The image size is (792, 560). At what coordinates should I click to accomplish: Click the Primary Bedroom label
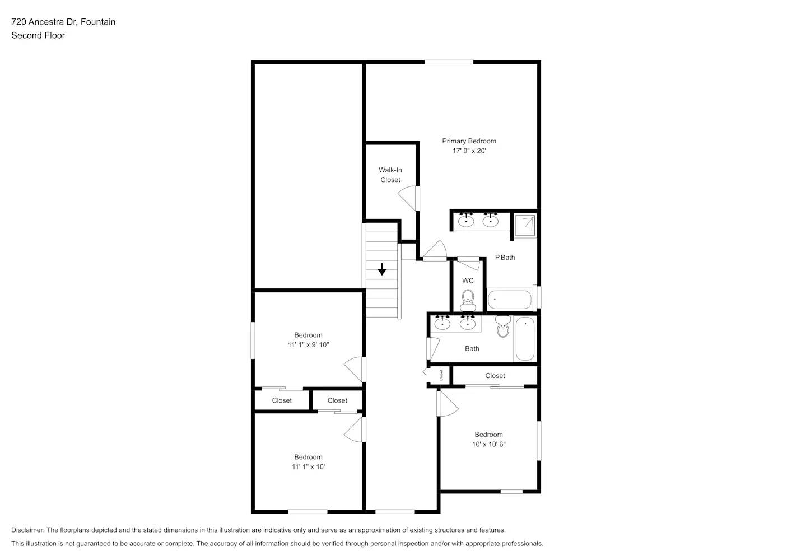[x=469, y=141]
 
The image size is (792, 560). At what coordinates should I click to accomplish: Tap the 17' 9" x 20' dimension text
[x=469, y=151]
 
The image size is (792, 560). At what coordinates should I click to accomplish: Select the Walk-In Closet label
[x=390, y=175]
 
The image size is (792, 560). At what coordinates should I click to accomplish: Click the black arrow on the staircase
[x=382, y=269]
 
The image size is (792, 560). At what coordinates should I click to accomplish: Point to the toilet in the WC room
[x=468, y=301]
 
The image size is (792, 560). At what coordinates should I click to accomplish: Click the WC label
[x=468, y=281]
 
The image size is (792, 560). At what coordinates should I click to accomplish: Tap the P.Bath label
[x=505, y=258]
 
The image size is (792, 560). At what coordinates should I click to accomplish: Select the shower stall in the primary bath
[x=525, y=225]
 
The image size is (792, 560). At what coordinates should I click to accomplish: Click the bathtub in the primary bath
[x=509, y=300]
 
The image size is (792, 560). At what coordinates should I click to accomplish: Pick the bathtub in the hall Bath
[x=525, y=339]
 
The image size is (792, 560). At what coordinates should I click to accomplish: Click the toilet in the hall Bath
[x=503, y=327]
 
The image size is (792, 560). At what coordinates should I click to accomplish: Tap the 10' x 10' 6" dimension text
[x=488, y=444]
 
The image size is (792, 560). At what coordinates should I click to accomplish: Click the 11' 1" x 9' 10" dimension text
[x=308, y=345]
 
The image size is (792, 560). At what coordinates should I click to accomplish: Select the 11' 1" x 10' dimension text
[x=308, y=467]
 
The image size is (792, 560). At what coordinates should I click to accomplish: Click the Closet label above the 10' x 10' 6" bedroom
[x=495, y=376]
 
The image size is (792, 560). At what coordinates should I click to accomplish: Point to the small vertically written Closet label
[x=441, y=375]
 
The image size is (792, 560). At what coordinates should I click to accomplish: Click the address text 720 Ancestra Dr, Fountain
[x=63, y=22]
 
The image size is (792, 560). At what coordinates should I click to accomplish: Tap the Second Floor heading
[x=38, y=35]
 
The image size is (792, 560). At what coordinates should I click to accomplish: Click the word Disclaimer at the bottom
[x=27, y=530]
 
